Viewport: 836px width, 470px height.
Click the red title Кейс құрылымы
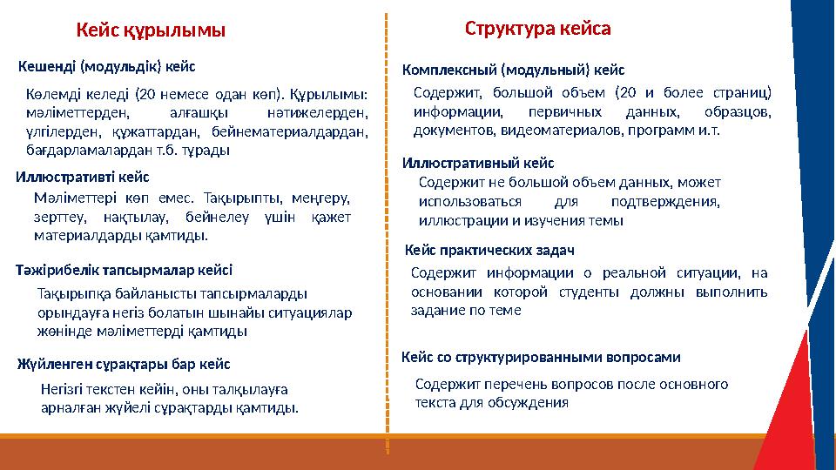click(x=151, y=30)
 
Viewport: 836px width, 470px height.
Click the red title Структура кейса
click(x=537, y=28)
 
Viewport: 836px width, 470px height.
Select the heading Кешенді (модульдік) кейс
click(x=106, y=65)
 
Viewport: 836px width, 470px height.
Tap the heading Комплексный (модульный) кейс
click(x=513, y=69)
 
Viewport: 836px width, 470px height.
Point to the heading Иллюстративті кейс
click(x=82, y=178)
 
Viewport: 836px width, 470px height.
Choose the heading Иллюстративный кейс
click(x=477, y=163)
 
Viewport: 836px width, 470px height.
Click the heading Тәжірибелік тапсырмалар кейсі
click(x=125, y=269)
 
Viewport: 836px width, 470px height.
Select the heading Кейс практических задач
click(x=490, y=251)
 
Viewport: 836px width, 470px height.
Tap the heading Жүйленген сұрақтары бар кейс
click(x=124, y=363)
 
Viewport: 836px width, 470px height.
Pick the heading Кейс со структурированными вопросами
click(x=540, y=357)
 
